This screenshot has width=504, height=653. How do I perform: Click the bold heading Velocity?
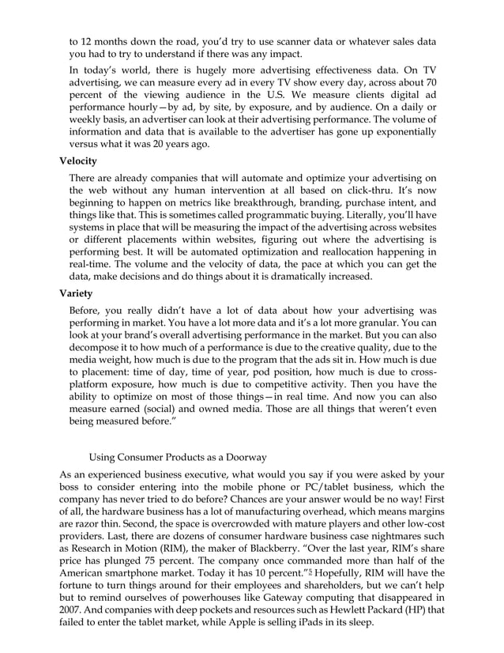[78, 161]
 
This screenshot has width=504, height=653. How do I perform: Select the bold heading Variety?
[76, 292]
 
